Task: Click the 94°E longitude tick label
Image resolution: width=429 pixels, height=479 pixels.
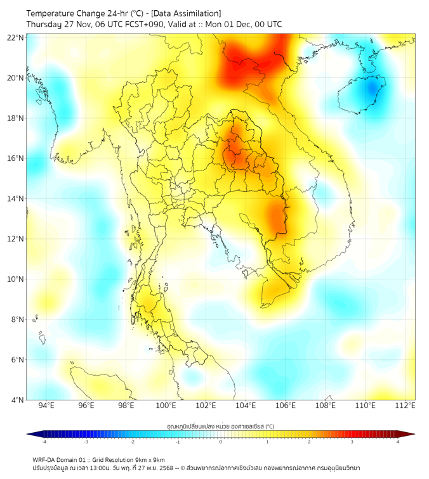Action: pyautogui.click(x=46, y=406)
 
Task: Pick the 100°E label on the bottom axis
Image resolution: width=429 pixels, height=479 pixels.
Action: pyautogui.click(x=166, y=406)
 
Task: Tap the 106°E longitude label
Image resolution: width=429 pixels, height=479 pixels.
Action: pyautogui.click(x=286, y=406)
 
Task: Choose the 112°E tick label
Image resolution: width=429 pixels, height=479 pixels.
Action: pyautogui.click(x=405, y=406)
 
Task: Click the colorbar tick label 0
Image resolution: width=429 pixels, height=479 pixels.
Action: pyautogui.click(x=221, y=442)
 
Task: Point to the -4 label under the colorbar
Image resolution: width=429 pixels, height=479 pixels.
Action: pyautogui.click(x=43, y=442)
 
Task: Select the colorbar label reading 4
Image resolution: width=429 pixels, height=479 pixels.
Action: pyautogui.click(x=398, y=442)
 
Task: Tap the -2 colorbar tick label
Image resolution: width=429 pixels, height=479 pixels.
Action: pyautogui.click(x=131, y=442)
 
